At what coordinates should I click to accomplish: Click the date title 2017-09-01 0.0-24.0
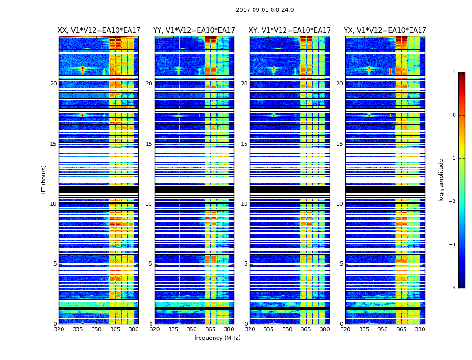click(x=265, y=10)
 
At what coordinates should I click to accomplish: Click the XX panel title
click(x=99, y=31)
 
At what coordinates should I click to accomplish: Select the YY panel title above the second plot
click(x=194, y=31)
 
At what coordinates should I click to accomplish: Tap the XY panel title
click(x=290, y=31)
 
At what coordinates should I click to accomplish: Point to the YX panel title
click(x=385, y=31)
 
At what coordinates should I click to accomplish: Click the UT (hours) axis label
click(x=44, y=180)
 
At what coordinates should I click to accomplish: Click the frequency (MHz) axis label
click(x=217, y=338)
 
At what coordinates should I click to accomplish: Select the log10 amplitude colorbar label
click(x=441, y=180)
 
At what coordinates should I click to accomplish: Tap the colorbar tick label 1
click(x=454, y=72)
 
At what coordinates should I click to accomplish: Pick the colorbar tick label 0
click(x=454, y=115)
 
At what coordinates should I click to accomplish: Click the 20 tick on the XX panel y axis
click(x=53, y=84)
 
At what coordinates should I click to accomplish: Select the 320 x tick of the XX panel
click(x=59, y=329)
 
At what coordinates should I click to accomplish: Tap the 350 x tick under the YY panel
click(x=192, y=329)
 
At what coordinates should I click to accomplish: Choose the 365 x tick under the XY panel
click(x=306, y=329)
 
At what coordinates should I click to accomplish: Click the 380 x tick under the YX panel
click(x=420, y=329)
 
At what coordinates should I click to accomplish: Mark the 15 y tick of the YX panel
click(x=340, y=144)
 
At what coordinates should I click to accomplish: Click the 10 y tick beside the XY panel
click(x=245, y=204)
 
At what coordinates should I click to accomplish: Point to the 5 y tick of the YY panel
click(x=151, y=264)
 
